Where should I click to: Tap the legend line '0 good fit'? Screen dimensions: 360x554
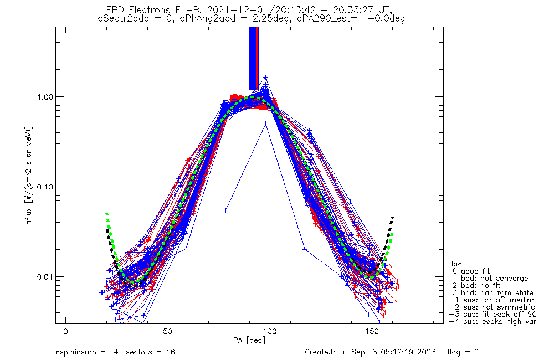474,271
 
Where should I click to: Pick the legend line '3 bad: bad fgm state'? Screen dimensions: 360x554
491,293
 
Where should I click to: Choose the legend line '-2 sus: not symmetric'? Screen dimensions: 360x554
492,307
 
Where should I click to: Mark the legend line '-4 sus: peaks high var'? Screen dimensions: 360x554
492,322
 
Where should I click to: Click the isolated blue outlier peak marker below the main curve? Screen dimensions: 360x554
265,124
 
